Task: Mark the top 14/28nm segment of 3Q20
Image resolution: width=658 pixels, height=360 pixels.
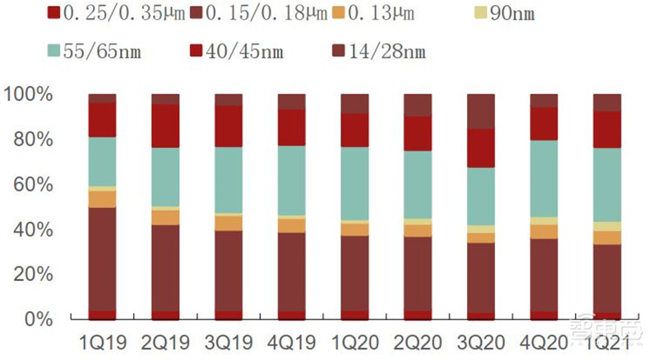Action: click(481, 111)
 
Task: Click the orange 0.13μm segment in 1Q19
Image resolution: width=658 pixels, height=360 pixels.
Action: click(103, 199)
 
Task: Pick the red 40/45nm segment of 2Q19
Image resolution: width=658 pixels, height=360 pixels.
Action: click(165, 126)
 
